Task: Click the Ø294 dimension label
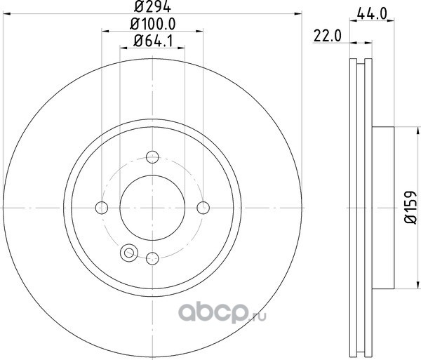(x=152, y=7)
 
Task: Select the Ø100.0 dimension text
(x=153, y=24)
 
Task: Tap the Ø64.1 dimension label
(x=153, y=41)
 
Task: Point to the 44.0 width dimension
(x=372, y=13)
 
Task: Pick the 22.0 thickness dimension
(x=328, y=36)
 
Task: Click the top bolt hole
(x=152, y=157)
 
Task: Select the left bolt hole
(x=102, y=208)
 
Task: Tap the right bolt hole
(x=203, y=208)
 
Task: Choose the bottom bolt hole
(x=152, y=258)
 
